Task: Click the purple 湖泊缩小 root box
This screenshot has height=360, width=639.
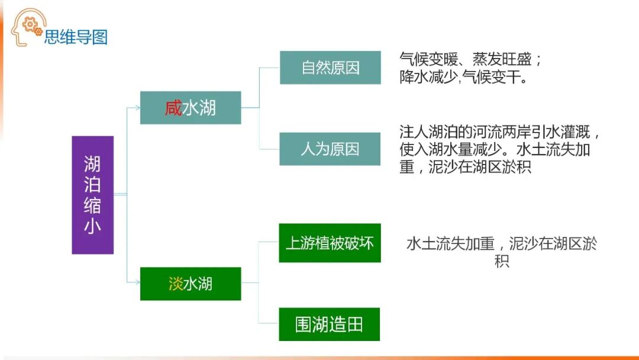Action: pyautogui.click(x=92, y=195)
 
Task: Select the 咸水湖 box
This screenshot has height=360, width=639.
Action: pyautogui.click(x=191, y=108)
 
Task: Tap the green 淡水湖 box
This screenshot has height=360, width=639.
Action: pyautogui.click(x=191, y=284)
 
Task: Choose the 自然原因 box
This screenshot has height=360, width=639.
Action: pyautogui.click(x=330, y=67)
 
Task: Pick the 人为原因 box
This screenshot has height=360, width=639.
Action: pyautogui.click(x=330, y=149)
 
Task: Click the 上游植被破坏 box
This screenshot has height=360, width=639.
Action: pyautogui.click(x=330, y=243)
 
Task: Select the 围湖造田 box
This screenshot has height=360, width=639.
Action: pyautogui.click(x=330, y=324)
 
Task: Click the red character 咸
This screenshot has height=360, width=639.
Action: pyautogui.click(x=173, y=108)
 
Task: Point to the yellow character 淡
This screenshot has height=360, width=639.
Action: pyautogui.click(x=176, y=284)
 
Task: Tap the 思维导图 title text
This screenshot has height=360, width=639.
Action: pyautogui.click(x=76, y=37)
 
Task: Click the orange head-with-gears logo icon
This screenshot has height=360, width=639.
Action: pyautogui.click(x=27, y=27)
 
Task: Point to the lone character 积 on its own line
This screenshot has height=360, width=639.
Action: pyautogui.click(x=501, y=261)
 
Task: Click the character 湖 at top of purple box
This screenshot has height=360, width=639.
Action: pyautogui.click(x=92, y=164)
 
